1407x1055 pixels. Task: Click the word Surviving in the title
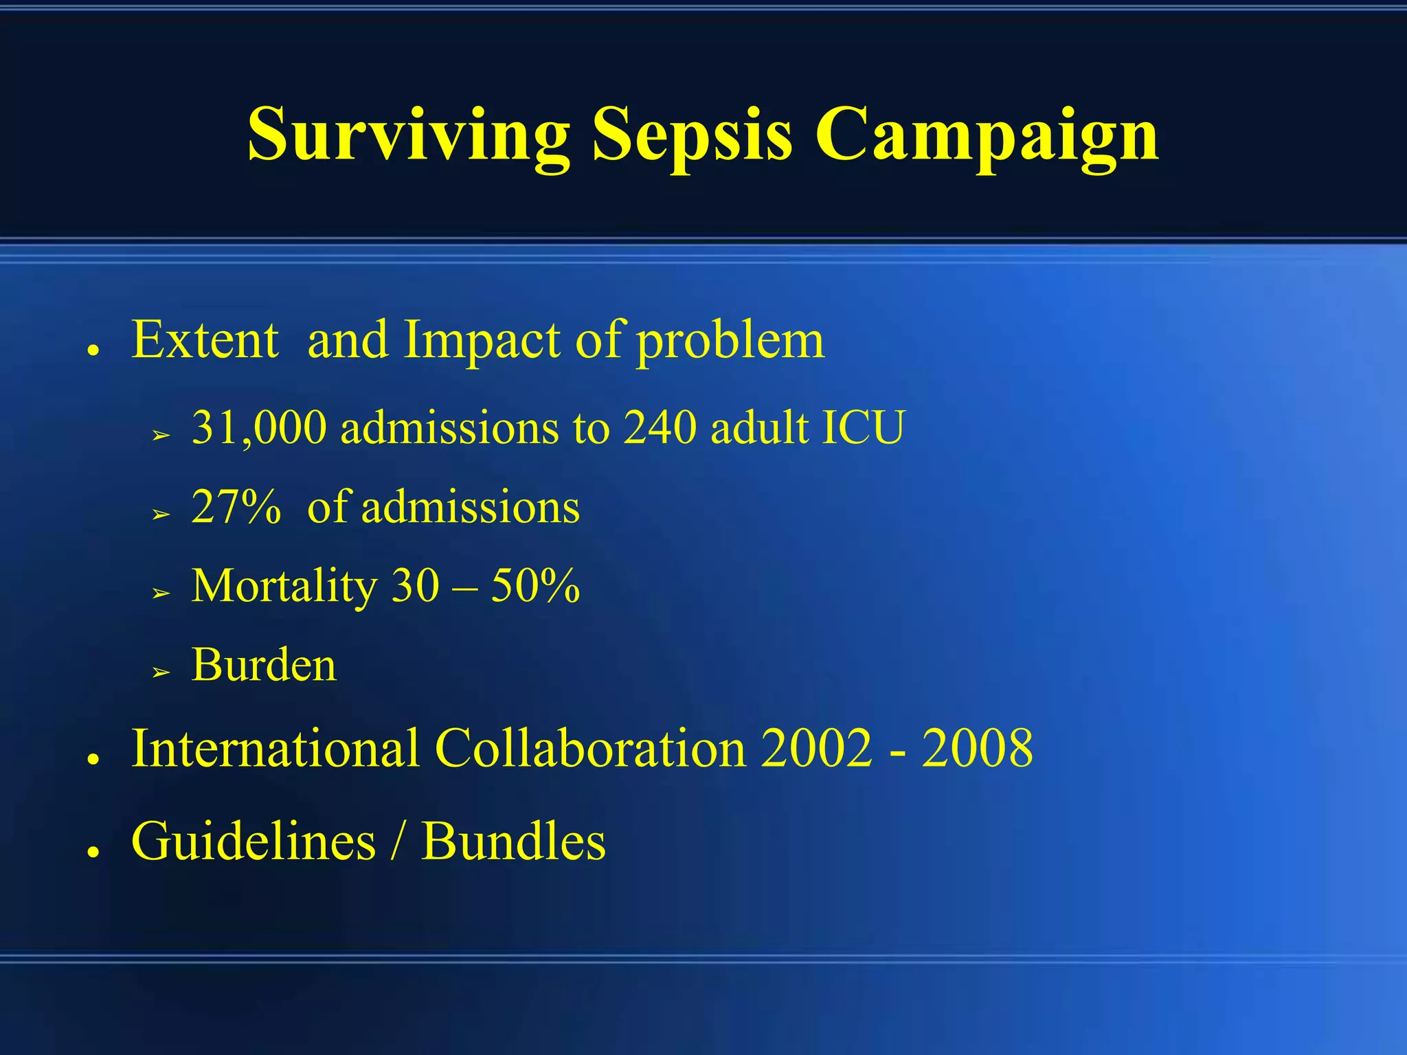(409, 135)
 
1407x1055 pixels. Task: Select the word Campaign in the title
(987, 135)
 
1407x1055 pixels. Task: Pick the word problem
(730, 341)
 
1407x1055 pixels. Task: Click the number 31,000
(259, 428)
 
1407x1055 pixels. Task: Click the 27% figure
(236, 507)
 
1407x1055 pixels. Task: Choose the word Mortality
(284, 587)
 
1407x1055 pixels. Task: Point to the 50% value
(535, 586)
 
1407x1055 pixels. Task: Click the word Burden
(264, 665)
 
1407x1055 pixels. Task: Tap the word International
(275, 748)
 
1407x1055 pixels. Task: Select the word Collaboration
(590, 748)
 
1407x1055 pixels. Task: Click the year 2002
(817, 748)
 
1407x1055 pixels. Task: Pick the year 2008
(977, 748)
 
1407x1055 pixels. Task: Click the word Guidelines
(254, 841)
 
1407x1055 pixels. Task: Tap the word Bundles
(513, 841)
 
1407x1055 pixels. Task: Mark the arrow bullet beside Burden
(161, 671)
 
